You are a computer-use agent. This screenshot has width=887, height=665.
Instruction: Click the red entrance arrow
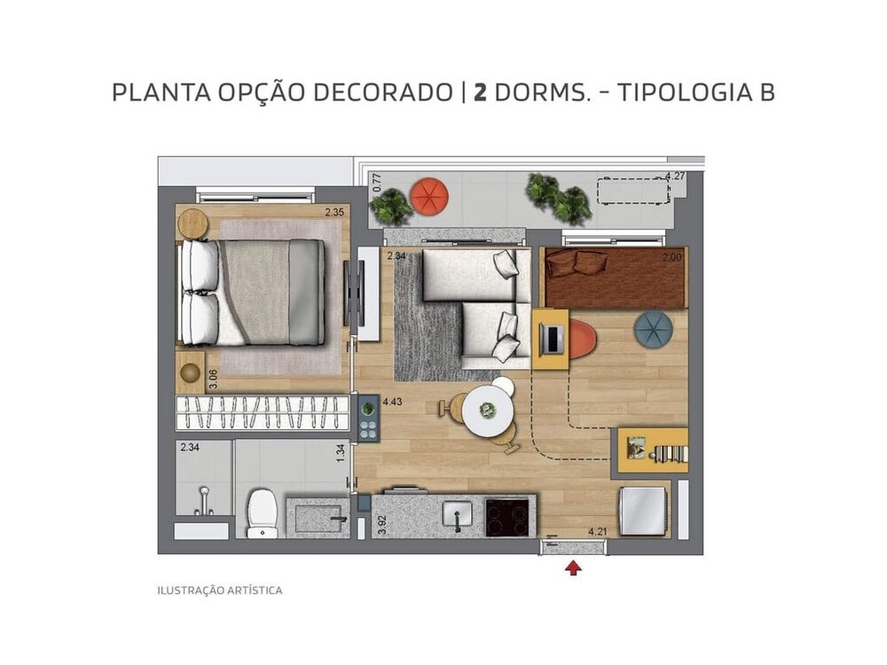click(573, 567)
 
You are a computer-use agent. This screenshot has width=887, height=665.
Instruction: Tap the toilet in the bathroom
click(262, 513)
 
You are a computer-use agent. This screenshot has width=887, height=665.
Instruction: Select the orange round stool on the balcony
click(429, 196)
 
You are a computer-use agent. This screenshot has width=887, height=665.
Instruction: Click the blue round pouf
click(653, 330)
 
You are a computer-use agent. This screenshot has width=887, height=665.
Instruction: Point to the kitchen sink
click(458, 515)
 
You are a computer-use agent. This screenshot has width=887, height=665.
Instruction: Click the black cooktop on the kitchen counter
click(508, 516)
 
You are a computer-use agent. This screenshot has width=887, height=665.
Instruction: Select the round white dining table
click(487, 410)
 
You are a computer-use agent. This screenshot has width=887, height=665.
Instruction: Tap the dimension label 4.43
click(393, 402)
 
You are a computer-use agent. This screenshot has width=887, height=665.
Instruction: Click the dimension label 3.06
click(213, 380)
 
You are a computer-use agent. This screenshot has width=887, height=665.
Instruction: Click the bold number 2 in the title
click(480, 92)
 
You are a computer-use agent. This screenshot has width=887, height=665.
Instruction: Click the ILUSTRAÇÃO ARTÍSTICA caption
click(220, 591)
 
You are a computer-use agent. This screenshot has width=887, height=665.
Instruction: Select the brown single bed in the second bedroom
click(616, 278)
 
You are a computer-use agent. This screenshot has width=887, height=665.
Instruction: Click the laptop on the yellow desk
click(550, 339)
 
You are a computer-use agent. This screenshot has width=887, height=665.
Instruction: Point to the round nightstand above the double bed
click(192, 223)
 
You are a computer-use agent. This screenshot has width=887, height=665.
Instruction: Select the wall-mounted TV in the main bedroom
click(348, 293)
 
